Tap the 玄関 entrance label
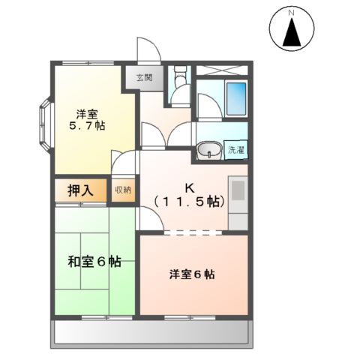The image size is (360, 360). tap(143, 77)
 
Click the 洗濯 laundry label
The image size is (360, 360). tap(235, 150)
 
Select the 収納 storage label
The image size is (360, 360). tap(122, 190)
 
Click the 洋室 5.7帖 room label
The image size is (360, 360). tap(88, 119)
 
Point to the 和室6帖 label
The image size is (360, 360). tap(94, 262)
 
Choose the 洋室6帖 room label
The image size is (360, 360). tap(191, 274)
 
